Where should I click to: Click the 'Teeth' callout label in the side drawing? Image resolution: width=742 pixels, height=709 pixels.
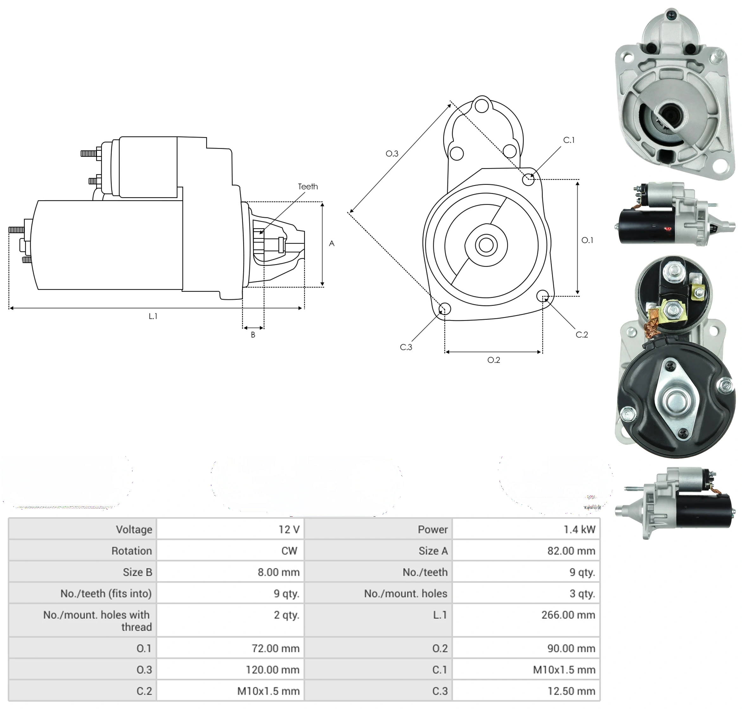point(308,187)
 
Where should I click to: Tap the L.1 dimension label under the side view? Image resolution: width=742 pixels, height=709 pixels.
point(153,316)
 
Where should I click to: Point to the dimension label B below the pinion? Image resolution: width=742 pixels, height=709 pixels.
point(253,335)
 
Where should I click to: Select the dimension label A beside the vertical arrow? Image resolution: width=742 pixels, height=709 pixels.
point(331,244)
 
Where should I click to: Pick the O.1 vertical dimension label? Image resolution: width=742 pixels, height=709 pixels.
point(587,240)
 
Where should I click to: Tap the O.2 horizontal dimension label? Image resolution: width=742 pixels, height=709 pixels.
point(494,360)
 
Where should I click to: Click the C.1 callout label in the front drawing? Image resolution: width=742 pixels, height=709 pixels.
point(569,140)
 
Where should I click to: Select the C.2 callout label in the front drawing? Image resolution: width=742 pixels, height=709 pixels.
point(582,335)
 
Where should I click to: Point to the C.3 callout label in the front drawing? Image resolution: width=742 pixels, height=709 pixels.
point(406,347)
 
